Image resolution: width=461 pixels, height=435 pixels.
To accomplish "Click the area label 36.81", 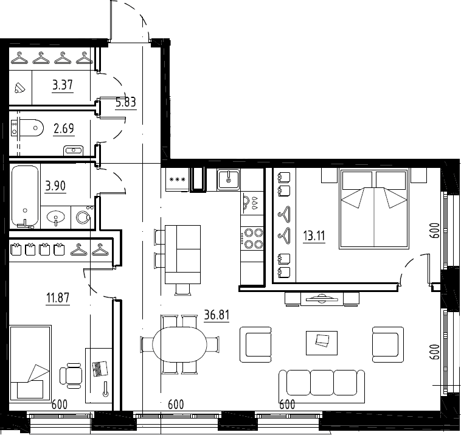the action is [x=217, y=315].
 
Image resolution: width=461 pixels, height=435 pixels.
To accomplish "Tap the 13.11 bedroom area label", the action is [x=314, y=235].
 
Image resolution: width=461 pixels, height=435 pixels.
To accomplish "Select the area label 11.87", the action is [x=58, y=298].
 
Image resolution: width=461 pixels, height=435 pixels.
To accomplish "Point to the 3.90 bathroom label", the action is [x=55, y=186].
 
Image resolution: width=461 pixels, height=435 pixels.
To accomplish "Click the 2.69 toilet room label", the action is [x=64, y=128].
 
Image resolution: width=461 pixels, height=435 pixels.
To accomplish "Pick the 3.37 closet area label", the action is [x=62, y=85].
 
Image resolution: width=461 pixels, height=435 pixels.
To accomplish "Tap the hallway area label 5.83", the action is [x=126, y=102].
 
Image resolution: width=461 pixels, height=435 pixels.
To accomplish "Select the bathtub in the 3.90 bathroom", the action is [x=25, y=197].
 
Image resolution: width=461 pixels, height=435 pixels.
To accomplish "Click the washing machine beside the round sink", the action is [x=83, y=217].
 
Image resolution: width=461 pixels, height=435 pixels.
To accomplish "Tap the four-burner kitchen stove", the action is [x=252, y=238].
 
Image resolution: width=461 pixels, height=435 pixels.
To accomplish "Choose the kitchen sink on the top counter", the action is [x=229, y=179].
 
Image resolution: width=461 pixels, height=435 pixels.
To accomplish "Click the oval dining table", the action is [x=179, y=344].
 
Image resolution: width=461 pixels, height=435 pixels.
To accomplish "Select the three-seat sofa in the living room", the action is [x=322, y=386].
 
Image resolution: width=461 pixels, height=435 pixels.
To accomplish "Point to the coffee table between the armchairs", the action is [x=322, y=343].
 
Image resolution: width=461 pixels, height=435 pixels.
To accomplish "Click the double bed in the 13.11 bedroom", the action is [x=374, y=209].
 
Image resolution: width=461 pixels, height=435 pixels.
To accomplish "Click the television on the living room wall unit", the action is [x=322, y=299].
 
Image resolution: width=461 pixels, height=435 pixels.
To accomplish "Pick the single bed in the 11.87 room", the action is [x=30, y=362].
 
